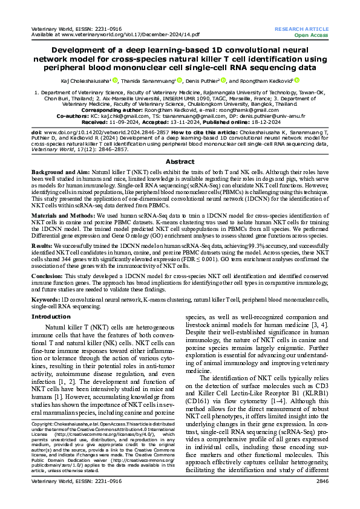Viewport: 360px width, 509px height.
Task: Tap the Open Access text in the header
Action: [x=311, y=35]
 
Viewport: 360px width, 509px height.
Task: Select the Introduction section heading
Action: [x=51, y=316]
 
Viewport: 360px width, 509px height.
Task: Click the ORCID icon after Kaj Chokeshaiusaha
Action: [x=114, y=80]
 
